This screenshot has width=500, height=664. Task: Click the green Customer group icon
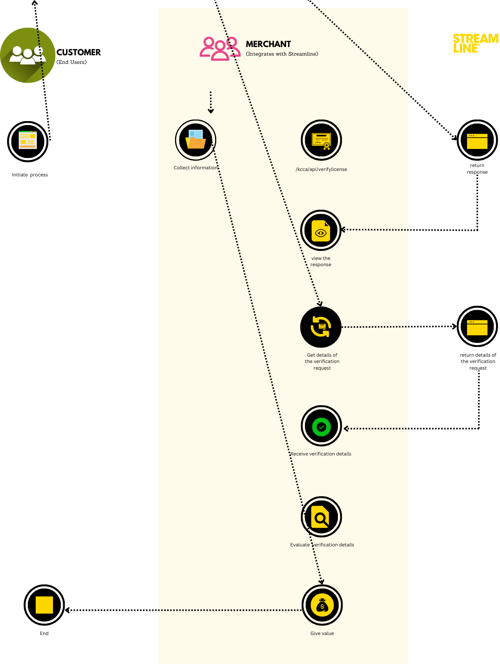coord(27,55)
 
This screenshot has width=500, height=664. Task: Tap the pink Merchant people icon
coord(220,49)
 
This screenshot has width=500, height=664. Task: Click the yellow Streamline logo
coord(475,44)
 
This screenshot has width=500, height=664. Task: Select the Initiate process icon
coord(28,141)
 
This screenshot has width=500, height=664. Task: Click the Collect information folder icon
coord(195,140)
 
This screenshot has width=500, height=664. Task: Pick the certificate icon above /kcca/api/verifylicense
coord(321,140)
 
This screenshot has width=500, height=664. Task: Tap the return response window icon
coord(477,140)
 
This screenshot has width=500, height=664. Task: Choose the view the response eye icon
coord(321,230)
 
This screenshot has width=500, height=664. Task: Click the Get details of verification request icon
coord(321,327)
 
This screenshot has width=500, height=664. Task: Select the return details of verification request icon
coord(477,327)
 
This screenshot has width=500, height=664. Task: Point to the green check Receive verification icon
coord(321,426)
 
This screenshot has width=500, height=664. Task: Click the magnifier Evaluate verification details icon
coord(321,517)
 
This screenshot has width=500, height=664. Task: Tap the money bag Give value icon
coord(322,605)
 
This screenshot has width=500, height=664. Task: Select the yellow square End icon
coord(44,605)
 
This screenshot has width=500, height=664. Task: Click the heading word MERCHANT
coord(268,44)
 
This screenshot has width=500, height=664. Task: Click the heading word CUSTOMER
coord(78,53)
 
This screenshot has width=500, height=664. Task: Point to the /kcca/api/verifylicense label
coord(321,169)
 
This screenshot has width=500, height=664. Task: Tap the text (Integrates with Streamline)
coord(282,54)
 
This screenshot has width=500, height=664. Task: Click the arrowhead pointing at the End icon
coord(68,610)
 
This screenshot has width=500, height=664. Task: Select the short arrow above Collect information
coord(211,103)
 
